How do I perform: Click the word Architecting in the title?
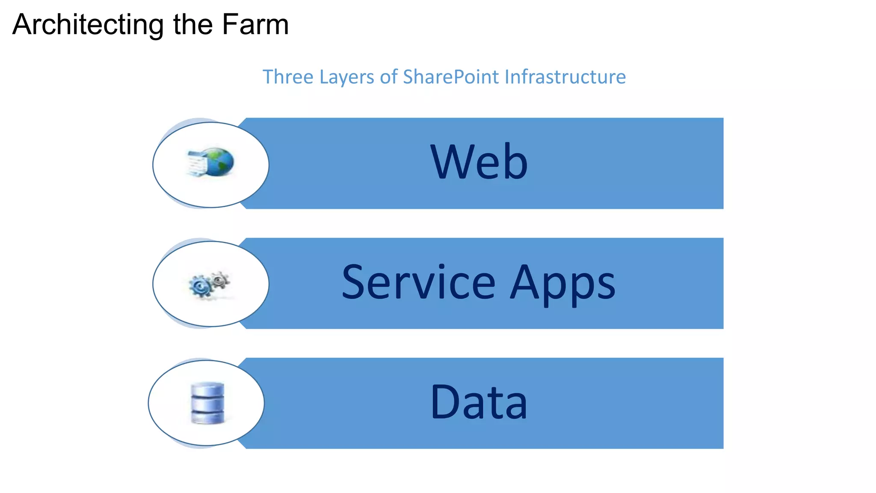point(88,25)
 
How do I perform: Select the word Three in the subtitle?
point(288,77)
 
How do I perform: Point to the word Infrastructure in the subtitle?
point(565,77)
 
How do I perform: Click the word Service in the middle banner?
point(418,282)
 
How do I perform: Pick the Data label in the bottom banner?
point(479,402)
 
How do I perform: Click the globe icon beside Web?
point(219,162)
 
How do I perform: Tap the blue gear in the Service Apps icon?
point(200,286)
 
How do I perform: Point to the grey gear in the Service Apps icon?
point(220,280)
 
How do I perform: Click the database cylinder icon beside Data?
point(207,403)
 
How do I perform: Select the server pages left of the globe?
point(196,163)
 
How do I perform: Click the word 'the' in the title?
point(193,24)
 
